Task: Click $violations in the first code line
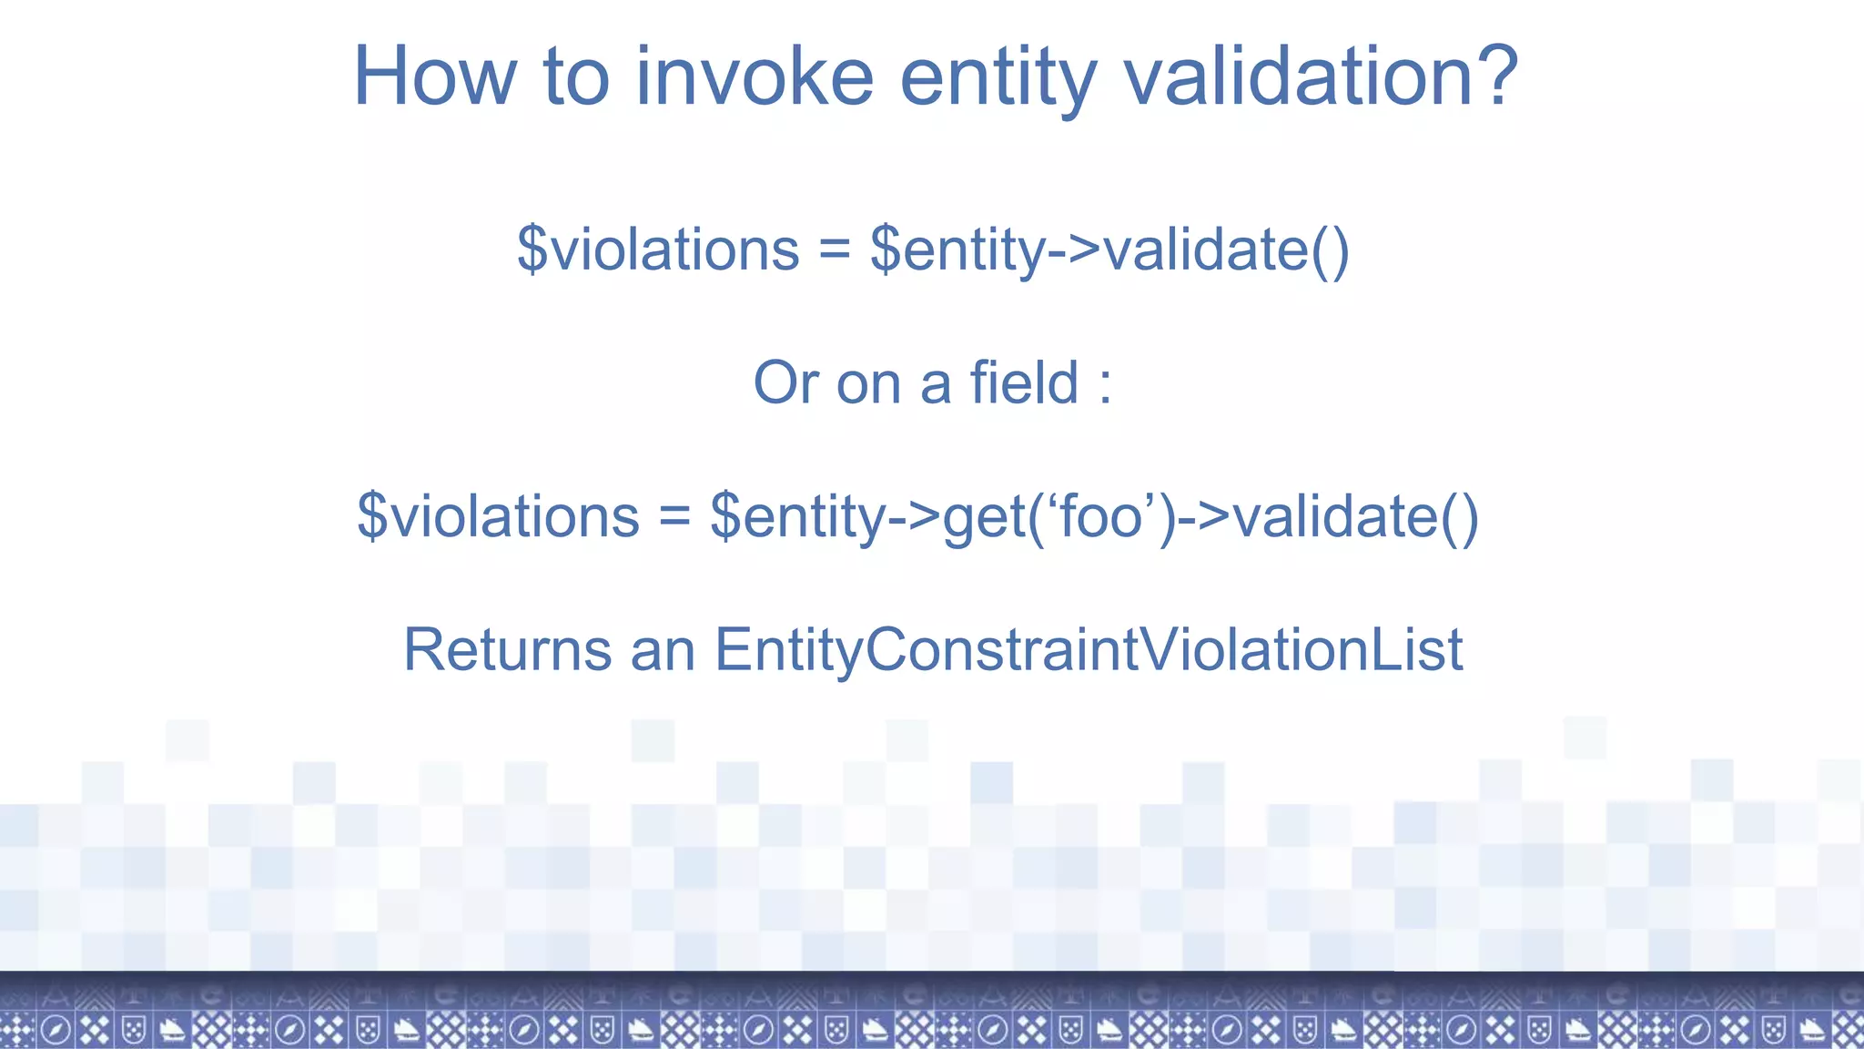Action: (658, 250)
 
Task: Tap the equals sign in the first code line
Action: (835, 250)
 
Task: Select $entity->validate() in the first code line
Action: (1109, 250)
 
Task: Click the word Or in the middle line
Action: (786, 382)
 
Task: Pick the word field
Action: (1024, 382)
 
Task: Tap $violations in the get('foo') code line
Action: (498, 516)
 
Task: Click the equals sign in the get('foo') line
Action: (674, 518)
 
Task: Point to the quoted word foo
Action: (1100, 516)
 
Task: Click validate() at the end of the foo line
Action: (1355, 516)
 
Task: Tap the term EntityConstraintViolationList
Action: (1088, 650)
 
